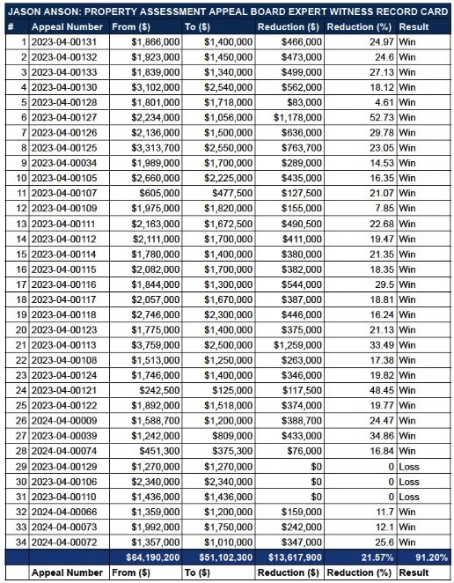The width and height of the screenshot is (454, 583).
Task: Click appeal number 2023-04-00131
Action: [x=63, y=42]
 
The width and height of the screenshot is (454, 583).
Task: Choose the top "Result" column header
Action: [x=414, y=27]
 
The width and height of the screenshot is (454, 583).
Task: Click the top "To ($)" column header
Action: [x=199, y=27]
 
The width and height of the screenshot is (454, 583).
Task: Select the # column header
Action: [x=10, y=27]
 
